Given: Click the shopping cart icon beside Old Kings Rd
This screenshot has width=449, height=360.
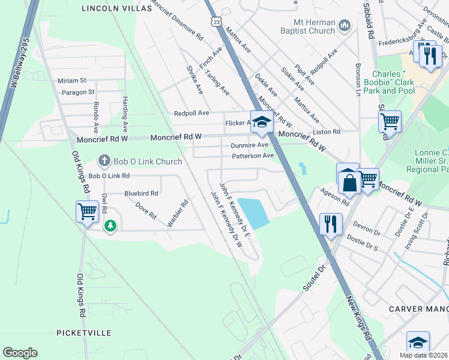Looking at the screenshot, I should pyautogui.click(x=88, y=212).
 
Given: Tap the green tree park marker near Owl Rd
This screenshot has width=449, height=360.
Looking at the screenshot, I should pyautogui.click(x=110, y=226).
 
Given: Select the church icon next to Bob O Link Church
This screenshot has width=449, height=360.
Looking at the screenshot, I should pyautogui.click(x=104, y=161).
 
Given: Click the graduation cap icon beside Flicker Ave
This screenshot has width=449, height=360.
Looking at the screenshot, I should pyautogui.click(x=262, y=122).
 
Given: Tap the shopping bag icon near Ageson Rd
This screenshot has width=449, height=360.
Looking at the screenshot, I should pyautogui.click(x=348, y=180).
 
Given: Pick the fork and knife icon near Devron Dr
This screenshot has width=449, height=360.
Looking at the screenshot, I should pyautogui.click(x=331, y=224).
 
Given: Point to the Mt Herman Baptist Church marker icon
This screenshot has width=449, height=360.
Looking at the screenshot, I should pyautogui.click(x=344, y=25).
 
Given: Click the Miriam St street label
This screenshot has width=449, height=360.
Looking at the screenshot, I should pyautogui.click(x=72, y=80).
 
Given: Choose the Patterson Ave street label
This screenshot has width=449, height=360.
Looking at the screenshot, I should pyautogui.click(x=253, y=156).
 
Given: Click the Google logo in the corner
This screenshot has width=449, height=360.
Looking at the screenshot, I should pyautogui.click(x=20, y=353).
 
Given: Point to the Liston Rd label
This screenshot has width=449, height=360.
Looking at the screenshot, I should pyautogui.click(x=327, y=131).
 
